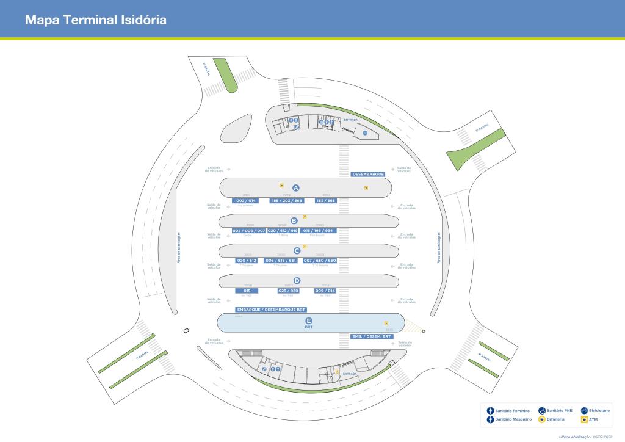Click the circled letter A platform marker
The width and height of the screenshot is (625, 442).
point(296,187)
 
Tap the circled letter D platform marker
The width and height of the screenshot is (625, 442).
point(297,281)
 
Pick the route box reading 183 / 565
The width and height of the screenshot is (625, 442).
point(326,200)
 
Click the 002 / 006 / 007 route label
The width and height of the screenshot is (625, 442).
point(249,231)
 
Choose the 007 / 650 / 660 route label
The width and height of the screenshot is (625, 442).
point(320,261)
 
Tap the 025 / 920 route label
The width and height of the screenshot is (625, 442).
point(288,291)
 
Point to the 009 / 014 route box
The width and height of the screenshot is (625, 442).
point(325,291)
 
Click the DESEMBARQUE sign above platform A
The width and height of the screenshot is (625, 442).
point(369,174)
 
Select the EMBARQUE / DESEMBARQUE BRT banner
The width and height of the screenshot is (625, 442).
point(271,310)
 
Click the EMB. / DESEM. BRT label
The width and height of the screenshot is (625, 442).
point(372,336)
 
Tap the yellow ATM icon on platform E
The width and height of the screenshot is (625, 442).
point(386,324)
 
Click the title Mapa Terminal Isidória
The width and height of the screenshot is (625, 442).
point(96,20)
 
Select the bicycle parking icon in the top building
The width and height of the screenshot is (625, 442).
point(364,132)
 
